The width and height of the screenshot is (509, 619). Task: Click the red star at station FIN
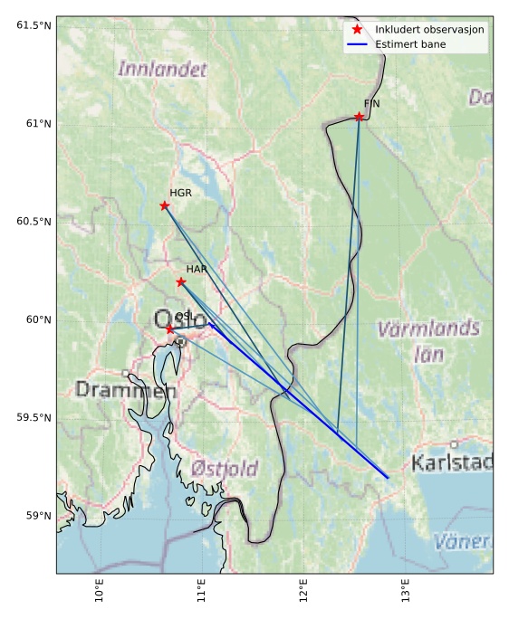point(359,117)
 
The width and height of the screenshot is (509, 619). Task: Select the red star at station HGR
point(164,205)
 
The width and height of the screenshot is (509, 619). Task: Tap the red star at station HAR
point(181,282)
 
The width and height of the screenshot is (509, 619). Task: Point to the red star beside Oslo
point(169,329)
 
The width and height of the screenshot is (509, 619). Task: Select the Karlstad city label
point(452,463)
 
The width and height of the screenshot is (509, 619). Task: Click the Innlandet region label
point(162,69)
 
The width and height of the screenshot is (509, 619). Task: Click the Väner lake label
point(463,542)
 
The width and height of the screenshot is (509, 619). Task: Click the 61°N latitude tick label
point(34,123)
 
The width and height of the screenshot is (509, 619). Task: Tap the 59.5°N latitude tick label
point(30,417)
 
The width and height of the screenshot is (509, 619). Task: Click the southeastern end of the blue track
point(388,478)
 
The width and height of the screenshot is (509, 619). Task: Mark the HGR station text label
point(180,193)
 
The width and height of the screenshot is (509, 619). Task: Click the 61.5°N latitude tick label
point(30,24)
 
